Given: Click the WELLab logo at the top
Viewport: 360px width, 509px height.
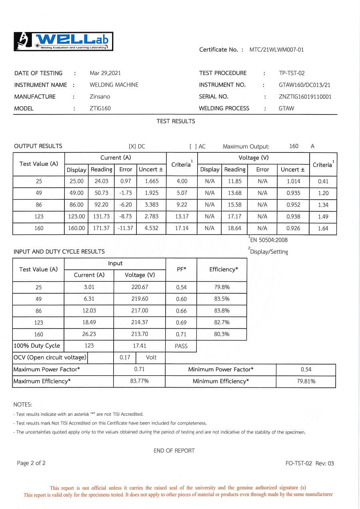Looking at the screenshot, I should point(64,41).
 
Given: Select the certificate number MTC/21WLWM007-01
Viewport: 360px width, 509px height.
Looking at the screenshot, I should point(276,50).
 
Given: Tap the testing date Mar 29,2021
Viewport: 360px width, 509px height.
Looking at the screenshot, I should point(105,73).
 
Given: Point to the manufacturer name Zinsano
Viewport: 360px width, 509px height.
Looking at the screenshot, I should point(100,96).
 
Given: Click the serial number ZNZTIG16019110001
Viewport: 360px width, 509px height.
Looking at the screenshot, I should point(305,96).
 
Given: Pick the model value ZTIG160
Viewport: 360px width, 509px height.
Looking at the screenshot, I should point(100,108).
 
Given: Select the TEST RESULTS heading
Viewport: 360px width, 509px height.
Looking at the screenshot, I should point(176,121).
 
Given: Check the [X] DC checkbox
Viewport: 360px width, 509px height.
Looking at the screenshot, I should point(132,146).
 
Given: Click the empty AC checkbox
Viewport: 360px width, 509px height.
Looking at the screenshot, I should point(193,146).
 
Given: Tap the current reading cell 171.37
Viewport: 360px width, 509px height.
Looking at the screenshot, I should point(101,228).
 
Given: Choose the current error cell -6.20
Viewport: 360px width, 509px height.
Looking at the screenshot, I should point(126,204).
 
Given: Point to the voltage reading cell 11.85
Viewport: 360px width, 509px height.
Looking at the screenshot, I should point(235,181).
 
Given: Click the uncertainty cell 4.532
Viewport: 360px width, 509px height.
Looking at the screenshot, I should point(152,228).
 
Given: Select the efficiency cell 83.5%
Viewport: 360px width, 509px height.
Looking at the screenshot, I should point(222,299).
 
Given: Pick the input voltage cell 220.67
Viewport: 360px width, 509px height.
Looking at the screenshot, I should point(140,287).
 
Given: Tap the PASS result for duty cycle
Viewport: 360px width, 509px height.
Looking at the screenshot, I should point(181,346).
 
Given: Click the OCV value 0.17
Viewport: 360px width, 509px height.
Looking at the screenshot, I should point(125,357).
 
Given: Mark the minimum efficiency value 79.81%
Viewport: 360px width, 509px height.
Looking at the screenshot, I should point(306,381).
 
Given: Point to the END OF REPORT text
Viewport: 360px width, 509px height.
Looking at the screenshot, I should point(174,451).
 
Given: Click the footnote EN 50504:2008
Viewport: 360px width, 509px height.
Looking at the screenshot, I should point(268,240).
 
